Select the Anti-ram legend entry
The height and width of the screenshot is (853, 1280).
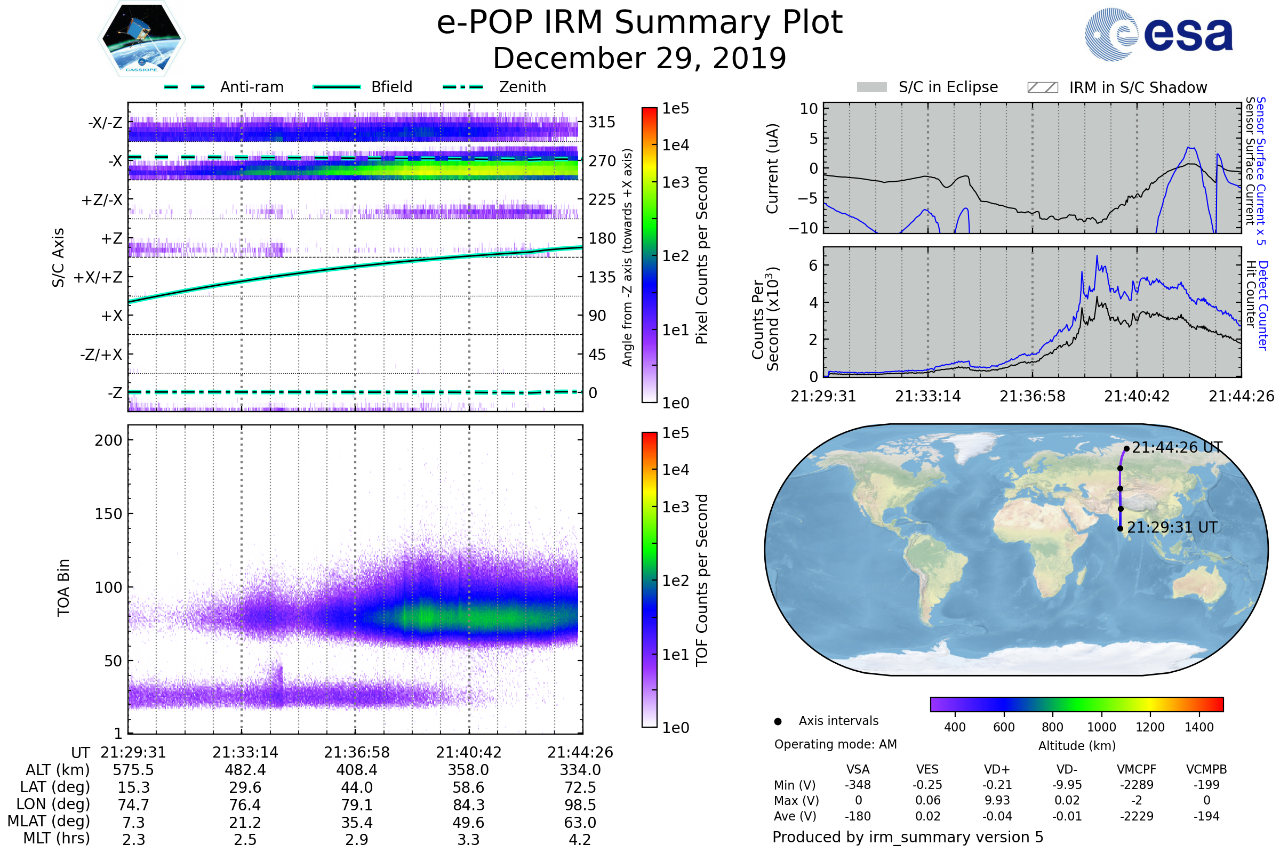(x=251, y=87)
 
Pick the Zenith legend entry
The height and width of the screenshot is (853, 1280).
(x=522, y=87)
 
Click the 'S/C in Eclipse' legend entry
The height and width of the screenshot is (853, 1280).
(x=948, y=87)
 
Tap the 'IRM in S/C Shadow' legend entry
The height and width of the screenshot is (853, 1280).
(x=1138, y=87)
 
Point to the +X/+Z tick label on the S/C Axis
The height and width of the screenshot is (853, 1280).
(x=98, y=277)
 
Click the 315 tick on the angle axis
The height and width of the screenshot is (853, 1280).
(x=602, y=122)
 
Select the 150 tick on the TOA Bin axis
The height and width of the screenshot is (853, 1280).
(x=108, y=514)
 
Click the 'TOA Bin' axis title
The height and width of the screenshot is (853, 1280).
(x=63, y=588)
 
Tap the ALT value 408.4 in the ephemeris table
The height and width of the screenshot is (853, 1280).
(x=356, y=770)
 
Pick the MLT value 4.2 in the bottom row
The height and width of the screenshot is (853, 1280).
(x=580, y=839)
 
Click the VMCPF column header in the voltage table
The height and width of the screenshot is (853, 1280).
(x=1137, y=769)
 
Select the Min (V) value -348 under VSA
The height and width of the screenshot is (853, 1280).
(x=858, y=785)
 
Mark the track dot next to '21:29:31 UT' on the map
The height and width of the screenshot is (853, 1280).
(x=1120, y=528)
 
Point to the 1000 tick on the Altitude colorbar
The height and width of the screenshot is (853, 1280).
(x=1101, y=727)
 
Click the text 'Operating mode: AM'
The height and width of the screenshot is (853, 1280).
(x=835, y=744)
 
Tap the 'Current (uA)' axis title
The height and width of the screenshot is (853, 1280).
(x=772, y=168)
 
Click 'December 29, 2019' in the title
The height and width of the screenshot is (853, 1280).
(x=639, y=58)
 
